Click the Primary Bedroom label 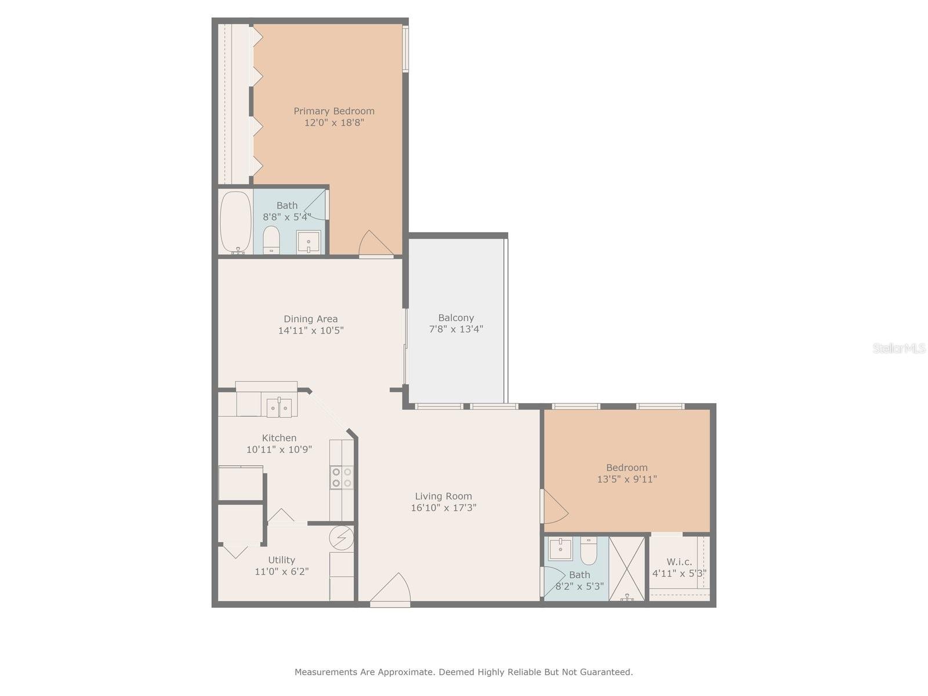[x=334, y=111]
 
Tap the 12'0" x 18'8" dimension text [x=334, y=123]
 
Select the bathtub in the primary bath [x=235, y=223]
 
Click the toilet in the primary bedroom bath [x=271, y=240]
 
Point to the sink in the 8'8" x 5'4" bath [x=308, y=242]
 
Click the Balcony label [x=456, y=318]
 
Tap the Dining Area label [x=311, y=319]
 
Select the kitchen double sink [x=279, y=407]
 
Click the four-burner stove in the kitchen [x=342, y=477]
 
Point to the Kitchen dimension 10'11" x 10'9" [x=279, y=449]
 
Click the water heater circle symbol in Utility [x=342, y=538]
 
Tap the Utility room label [x=281, y=560]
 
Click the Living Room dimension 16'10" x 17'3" [x=444, y=507]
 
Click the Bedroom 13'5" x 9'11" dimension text [x=627, y=479]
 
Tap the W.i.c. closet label [x=679, y=562]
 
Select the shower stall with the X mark [x=626, y=568]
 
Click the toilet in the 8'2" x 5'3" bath [x=589, y=550]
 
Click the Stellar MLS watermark [x=899, y=349]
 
